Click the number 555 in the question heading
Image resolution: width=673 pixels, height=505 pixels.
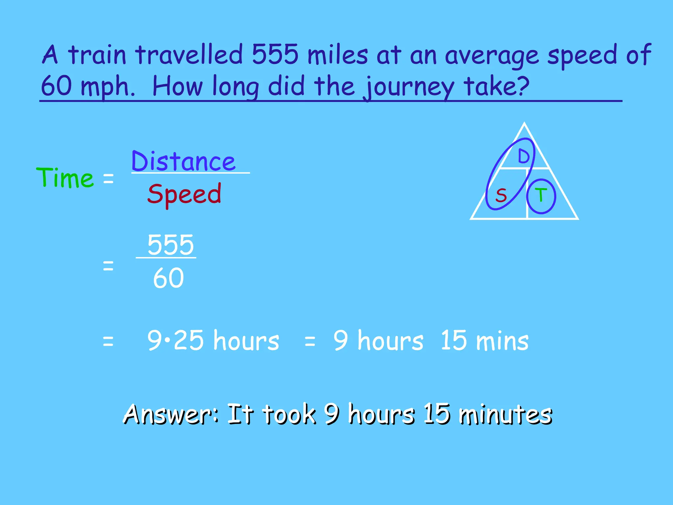coord(275,54)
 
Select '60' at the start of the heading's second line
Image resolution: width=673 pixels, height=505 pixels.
coord(57,85)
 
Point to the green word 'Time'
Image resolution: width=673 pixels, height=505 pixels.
coord(65,178)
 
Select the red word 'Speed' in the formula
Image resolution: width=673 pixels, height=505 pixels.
coord(184,194)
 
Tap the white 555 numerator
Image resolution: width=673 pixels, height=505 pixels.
coord(171,245)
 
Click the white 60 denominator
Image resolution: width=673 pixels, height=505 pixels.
coord(168,278)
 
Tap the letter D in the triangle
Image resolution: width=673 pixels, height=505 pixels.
coord(523,156)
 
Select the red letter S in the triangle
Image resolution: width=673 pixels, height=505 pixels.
coord(501,195)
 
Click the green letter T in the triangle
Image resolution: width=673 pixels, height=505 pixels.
coord(541,195)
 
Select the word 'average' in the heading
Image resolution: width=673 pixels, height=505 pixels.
coord(492,55)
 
